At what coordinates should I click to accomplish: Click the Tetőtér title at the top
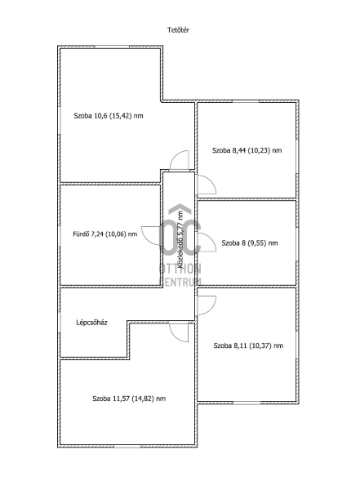click(x=178, y=30)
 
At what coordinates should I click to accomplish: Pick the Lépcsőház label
click(x=92, y=323)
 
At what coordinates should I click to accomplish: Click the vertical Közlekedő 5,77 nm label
click(x=180, y=239)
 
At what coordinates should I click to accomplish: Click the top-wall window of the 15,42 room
click(x=112, y=47)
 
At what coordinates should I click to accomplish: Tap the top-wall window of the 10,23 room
click(x=246, y=101)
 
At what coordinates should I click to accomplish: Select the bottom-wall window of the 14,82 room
click(x=127, y=446)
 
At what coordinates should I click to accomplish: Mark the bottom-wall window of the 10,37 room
click(x=247, y=403)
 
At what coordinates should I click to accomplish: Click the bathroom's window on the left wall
click(x=59, y=236)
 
